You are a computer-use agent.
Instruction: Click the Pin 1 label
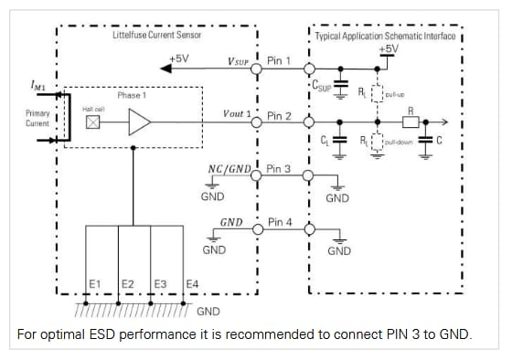(279, 60)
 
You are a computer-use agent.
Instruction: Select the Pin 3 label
(279, 169)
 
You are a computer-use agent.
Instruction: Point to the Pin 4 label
(279, 222)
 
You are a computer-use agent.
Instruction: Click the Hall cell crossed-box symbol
(92, 122)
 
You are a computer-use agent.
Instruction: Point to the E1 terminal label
(94, 284)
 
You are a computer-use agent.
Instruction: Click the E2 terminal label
(128, 284)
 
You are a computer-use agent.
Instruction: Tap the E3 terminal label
(160, 284)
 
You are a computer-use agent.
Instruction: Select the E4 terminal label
(192, 284)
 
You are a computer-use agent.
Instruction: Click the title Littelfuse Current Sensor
(156, 34)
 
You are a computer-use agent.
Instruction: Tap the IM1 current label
(37, 86)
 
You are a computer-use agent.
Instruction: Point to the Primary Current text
(37, 118)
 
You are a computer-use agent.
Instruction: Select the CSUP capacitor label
(323, 88)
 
